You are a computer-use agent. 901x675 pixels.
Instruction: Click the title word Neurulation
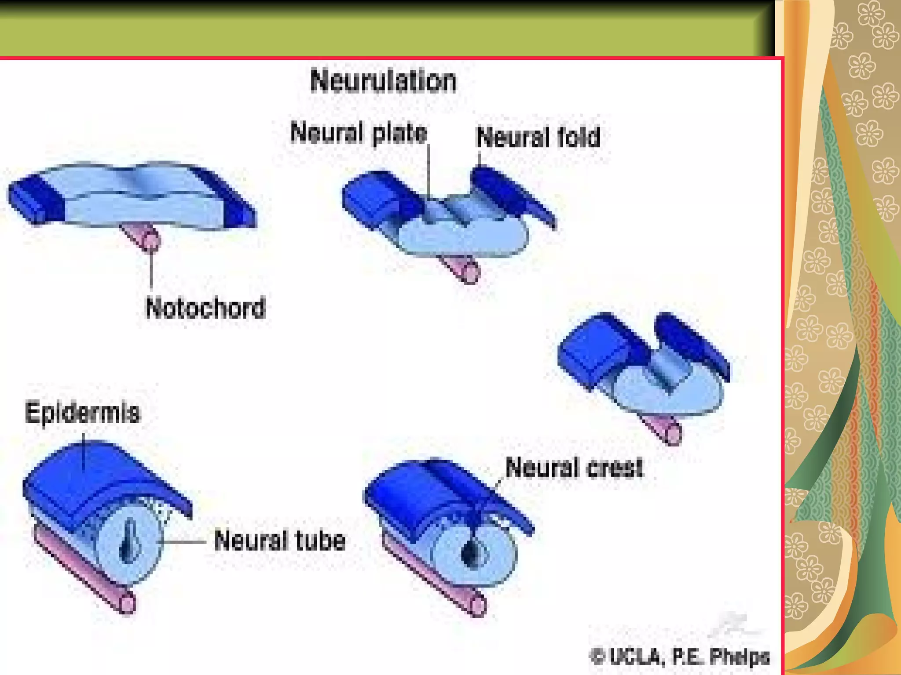coord(383,81)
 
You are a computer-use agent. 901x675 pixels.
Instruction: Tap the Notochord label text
coord(205,308)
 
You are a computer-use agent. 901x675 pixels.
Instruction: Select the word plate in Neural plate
coord(399,133)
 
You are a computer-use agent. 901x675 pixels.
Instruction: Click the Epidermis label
coord(82,413)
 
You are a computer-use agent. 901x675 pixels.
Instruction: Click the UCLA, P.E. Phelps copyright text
coord(680,657)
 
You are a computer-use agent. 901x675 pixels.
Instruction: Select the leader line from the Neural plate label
coord(429,171)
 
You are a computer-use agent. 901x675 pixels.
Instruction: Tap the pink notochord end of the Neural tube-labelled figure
coord(127,602)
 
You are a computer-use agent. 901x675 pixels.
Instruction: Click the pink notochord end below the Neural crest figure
coord(479,606)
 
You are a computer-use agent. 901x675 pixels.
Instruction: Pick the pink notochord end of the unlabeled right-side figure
coord(673,435)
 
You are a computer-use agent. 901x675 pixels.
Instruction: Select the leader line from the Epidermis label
coord(84,453)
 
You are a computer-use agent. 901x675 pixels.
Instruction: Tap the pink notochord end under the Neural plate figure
coord(471,273)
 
